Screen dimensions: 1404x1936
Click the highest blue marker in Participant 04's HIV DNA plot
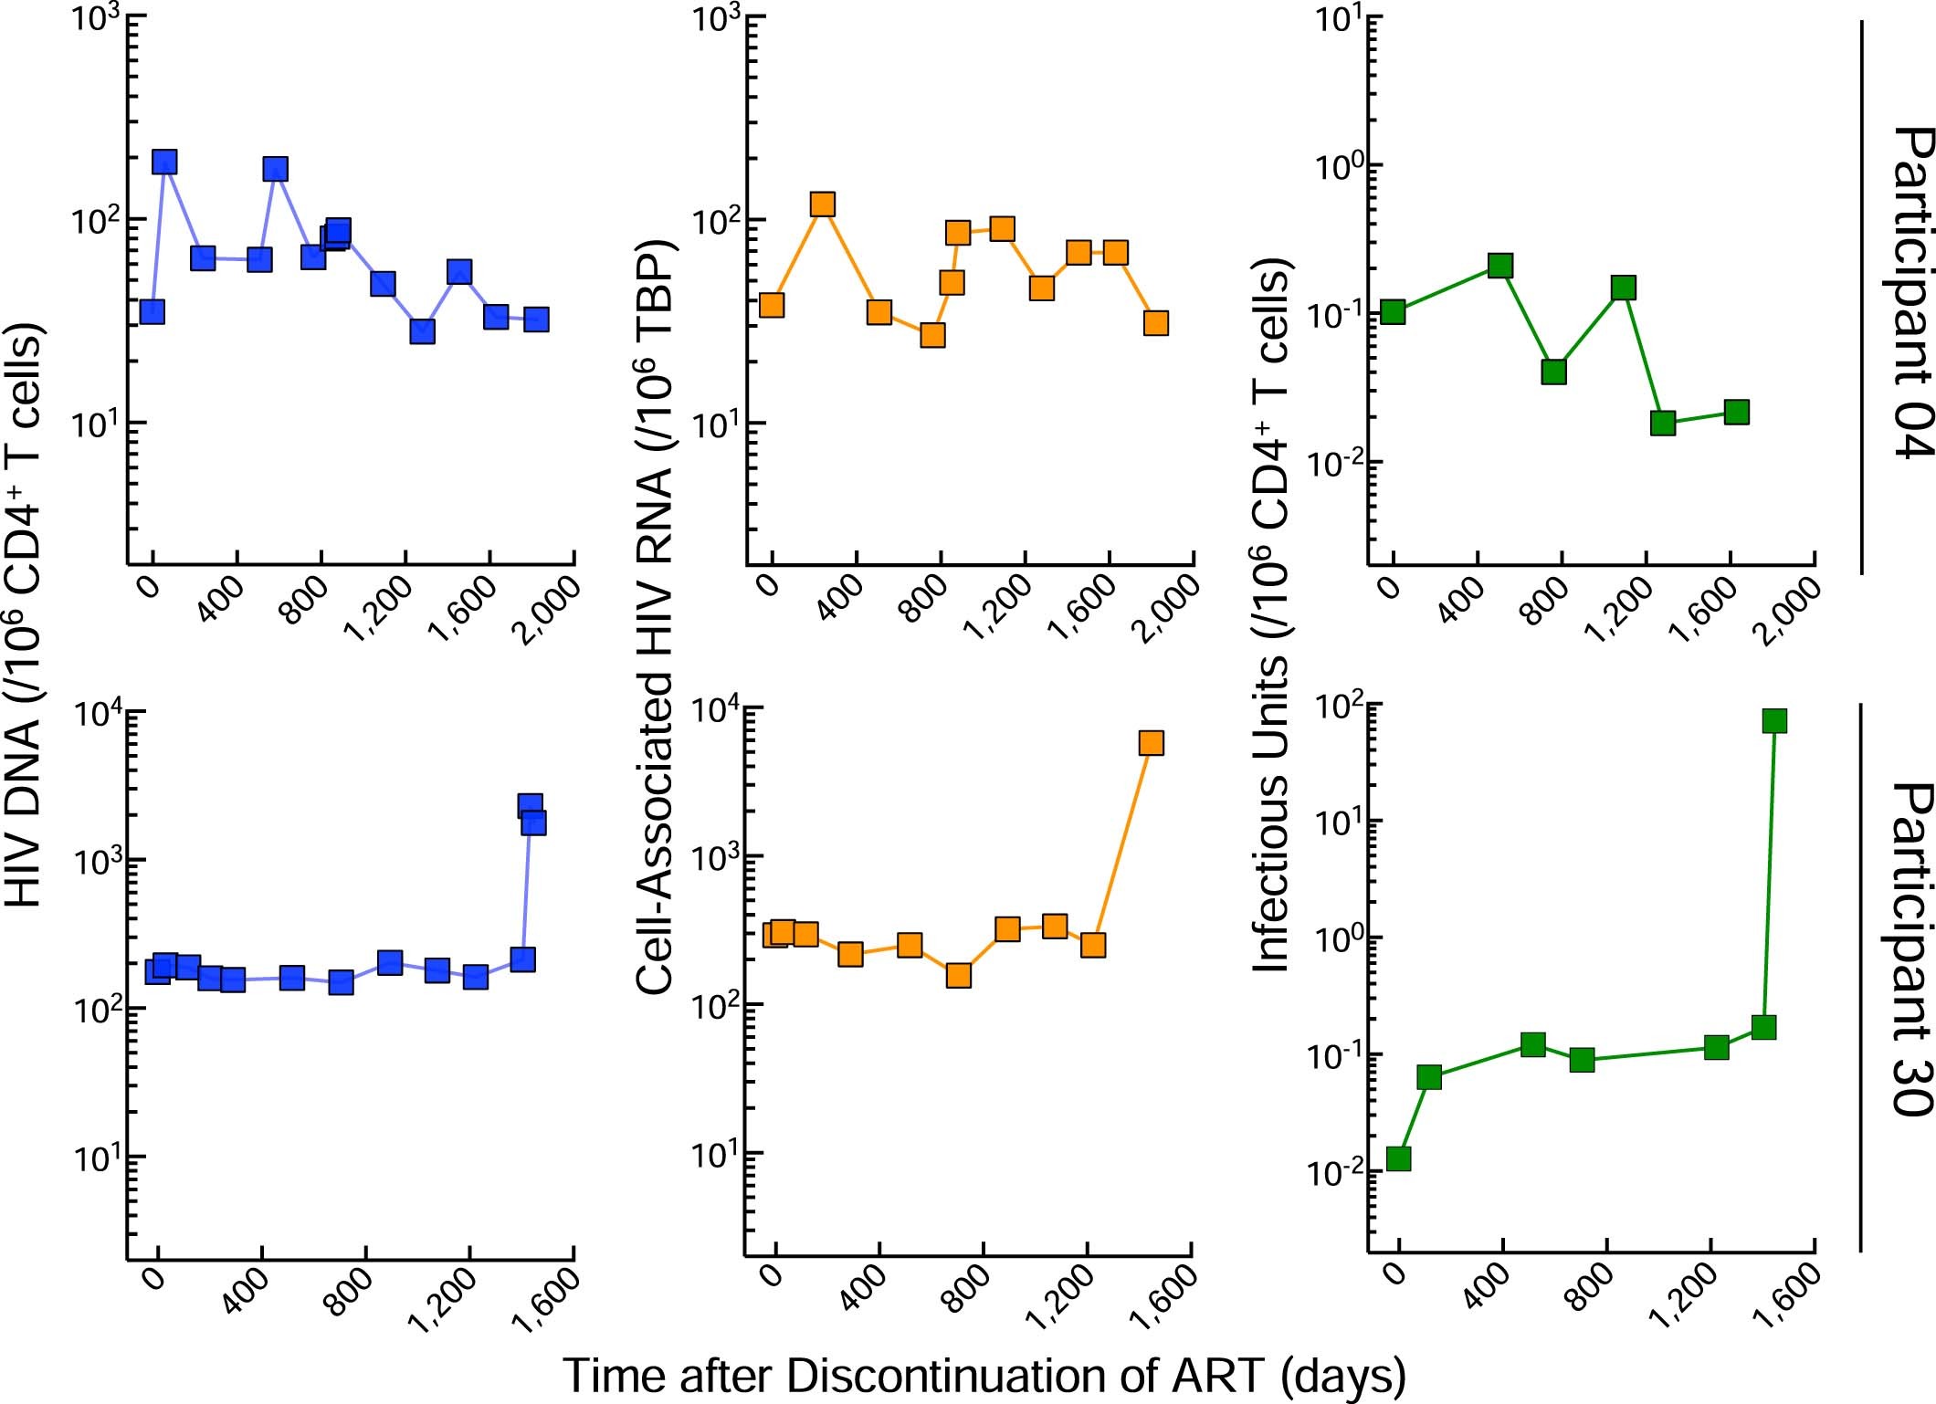[164, 162]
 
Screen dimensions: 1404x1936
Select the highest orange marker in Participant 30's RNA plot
[1151, 743]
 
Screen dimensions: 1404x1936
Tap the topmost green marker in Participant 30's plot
[1774, 721]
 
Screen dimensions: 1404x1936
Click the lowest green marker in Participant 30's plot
[1398, 1158]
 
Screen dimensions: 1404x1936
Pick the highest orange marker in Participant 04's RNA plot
[823, 204]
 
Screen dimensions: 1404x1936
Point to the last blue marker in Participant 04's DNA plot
[536, 319]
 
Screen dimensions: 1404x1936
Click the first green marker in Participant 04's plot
[1393, 312]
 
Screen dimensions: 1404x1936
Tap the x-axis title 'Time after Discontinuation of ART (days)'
[984, 1376]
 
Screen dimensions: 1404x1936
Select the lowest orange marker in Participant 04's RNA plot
[932, 335]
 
